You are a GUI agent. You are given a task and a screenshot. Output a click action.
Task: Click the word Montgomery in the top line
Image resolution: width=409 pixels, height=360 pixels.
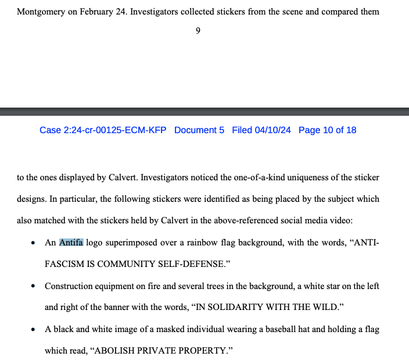click(x=41, y=12)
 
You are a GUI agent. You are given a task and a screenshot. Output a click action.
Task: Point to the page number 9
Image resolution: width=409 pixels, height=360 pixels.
click(x=198, y=31)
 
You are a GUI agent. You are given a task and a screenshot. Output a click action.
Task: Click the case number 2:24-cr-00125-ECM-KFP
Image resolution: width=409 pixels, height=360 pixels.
click(x=103, y=130)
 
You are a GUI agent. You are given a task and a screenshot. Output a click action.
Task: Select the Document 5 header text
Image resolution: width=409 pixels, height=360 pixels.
click(x=199, y=130)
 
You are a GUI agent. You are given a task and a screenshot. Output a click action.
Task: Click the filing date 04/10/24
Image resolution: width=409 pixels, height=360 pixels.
click(x=273, y=130)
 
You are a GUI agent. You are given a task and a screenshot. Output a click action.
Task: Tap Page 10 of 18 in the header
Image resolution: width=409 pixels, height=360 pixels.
click(x=327, y=130)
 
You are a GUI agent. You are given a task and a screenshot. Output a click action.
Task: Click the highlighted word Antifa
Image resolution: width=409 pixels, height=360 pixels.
click(x=71, y=243)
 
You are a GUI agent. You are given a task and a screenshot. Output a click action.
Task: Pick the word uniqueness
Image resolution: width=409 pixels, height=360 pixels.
click(x=313, y=177)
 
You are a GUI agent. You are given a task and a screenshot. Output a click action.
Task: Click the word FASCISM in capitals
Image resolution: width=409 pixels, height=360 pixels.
click(x=63, y=264)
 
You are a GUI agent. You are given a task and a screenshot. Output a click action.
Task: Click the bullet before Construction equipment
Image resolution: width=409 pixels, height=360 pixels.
click(x=33, y=286)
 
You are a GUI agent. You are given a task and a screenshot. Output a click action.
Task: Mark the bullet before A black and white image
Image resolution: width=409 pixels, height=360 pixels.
click(x=33, y=330)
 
